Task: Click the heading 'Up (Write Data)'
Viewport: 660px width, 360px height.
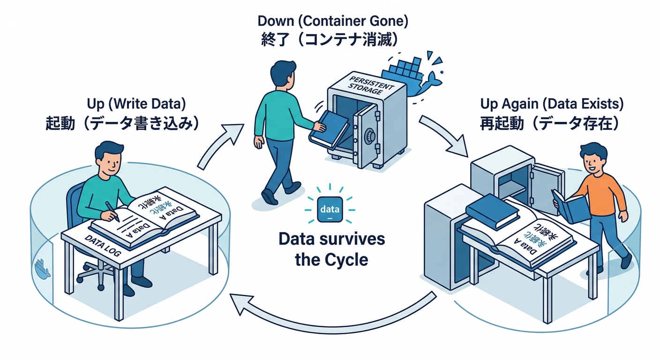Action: point(136,103)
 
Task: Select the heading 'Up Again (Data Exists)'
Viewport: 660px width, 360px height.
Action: point(552,103)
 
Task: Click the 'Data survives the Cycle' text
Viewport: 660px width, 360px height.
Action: point(331,248)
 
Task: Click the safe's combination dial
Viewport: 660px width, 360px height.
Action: point(371,137)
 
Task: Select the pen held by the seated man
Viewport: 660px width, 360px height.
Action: point(112,211)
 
